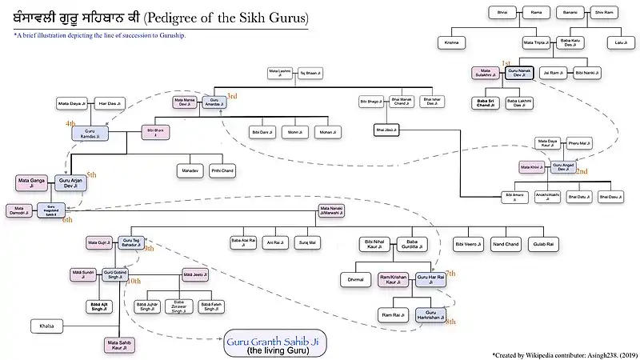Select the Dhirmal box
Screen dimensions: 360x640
click(356, 280)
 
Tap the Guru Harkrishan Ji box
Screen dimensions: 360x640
click(430, 315)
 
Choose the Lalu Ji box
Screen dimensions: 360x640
click(619, 42)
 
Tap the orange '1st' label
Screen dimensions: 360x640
click(506, 62)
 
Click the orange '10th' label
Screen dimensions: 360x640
click(134, 281)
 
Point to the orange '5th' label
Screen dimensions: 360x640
click(92, 174)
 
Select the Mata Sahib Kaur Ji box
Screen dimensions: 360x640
click(118, 346)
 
